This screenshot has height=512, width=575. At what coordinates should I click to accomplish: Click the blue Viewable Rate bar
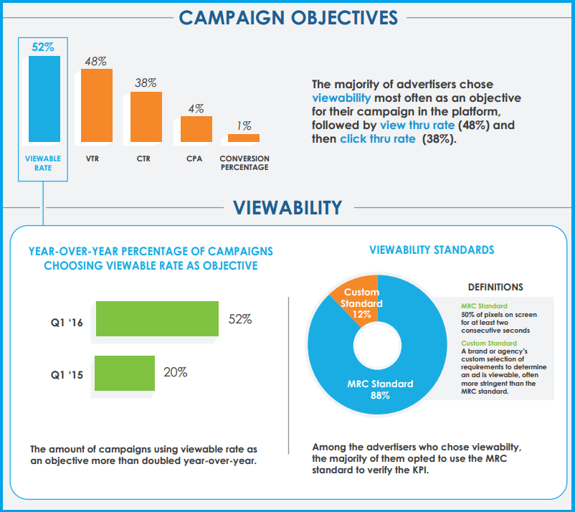pos(44,99)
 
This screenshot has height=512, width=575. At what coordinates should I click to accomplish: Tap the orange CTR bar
pos(146,116)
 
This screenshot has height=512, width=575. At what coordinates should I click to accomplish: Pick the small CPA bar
pos(196,129)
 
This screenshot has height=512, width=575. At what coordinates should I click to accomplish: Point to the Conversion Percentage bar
pos(244,138)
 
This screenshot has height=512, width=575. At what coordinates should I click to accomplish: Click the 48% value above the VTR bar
pos(95,61)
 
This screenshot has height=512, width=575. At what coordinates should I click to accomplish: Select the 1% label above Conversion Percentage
pos(244,125)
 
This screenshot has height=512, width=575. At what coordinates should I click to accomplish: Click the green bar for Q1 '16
pos(156,318)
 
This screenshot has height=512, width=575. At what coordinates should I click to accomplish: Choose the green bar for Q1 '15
pos(125,373)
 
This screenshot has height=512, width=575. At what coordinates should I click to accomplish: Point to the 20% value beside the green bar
pos(175,372)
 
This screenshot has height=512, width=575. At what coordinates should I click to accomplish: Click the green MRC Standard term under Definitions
pos(485,306)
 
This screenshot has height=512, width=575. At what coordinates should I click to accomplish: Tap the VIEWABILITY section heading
pos(287,208)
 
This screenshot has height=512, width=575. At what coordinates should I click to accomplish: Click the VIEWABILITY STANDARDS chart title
pos(431,250)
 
